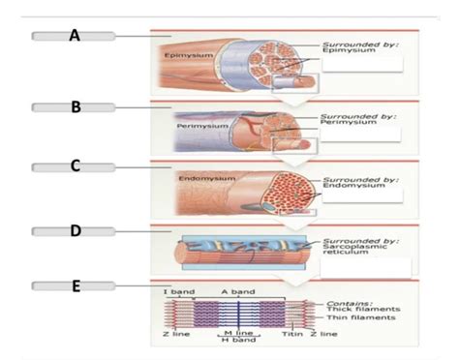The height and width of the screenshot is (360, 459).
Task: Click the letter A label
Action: [74, 36]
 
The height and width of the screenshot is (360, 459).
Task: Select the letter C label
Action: [74, 165]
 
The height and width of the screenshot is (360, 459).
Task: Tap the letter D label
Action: [74, 230]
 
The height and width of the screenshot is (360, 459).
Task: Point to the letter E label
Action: [74, 285]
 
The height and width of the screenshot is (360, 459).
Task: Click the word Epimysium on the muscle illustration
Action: [181, 55]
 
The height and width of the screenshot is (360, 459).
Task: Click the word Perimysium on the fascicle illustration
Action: [201, 125]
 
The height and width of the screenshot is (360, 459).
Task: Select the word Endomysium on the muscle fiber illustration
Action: [201, 178]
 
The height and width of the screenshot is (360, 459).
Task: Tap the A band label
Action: [236, 291]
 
